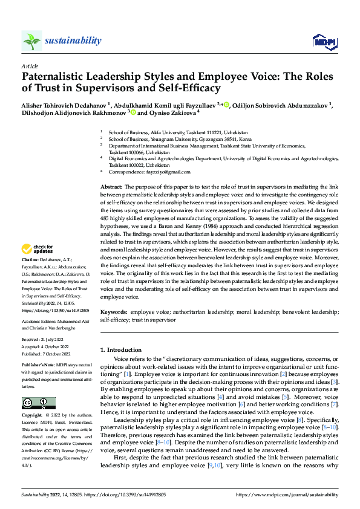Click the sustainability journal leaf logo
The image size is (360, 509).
pyautogui.click(x=31, y=41)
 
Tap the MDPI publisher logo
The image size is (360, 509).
pyautogui.click(x=324, y=41)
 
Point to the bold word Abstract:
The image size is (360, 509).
pyautogui.click(x=112, y=189)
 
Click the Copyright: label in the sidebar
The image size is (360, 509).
pyautogui.click(x=33, y=416)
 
